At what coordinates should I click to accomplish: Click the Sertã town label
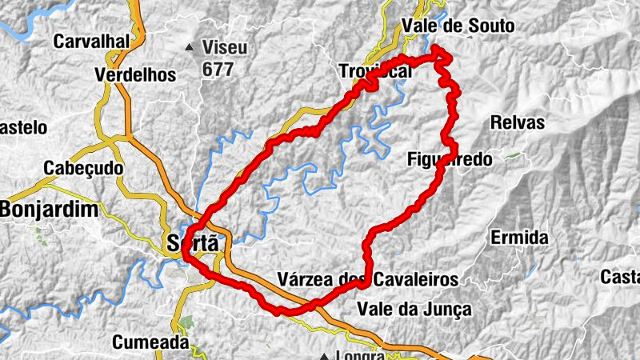click(193, 243)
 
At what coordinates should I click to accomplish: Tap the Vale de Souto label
click(459, 26)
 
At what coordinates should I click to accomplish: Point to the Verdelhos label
click(134, 75)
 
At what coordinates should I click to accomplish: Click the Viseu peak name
click(226, 48)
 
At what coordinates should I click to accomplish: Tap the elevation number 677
click(218, 70)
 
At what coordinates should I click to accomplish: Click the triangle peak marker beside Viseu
click(190, 48)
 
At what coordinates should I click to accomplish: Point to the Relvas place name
click(518, 123)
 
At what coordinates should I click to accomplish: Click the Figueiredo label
click(450, 159)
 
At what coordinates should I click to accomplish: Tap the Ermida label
click(519, 238)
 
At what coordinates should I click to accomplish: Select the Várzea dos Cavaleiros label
click(367, 279)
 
